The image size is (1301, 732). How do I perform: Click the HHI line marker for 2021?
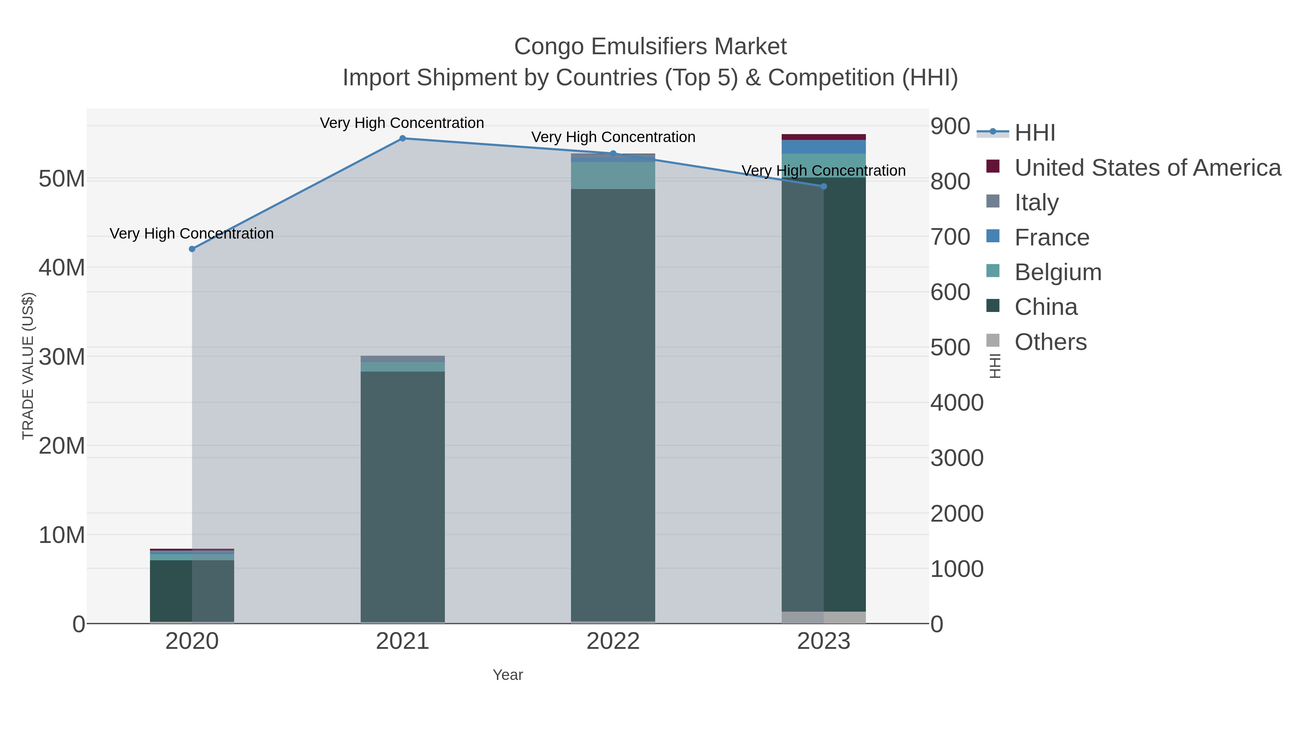[x=403, y=138]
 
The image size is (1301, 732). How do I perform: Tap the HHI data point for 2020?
[x=192, y=249]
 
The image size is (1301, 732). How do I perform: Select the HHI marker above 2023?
[x=824, y=187]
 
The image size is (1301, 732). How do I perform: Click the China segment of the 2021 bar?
[x=403, y=495]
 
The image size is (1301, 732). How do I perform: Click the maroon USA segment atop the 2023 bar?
[x=824, y=137]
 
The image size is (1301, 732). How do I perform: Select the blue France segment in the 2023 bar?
[x=824, y=146]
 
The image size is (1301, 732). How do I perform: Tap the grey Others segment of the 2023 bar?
[x=824, y=617]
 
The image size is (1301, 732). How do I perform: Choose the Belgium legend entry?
[x=1057, y=272]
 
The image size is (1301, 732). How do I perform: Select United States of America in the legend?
[x=1147, y=168]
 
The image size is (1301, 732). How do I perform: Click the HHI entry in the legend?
[x=1034, y=133]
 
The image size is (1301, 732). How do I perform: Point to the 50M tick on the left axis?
[x=61, y=179]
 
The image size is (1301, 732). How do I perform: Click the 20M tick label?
[x=61, y=446]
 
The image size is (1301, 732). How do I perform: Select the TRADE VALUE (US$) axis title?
[x=28, y=366]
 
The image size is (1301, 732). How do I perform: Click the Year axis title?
[x=508, y=675]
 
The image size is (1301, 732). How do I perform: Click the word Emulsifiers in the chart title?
[x=650, y=47]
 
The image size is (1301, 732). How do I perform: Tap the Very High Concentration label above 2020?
[x=192, y=234]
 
